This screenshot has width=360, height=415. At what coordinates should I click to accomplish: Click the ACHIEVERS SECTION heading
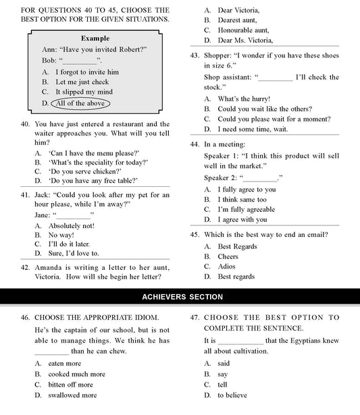pyautogui.click(x=180, y=297)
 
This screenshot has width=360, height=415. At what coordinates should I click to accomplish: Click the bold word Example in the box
pyautogui.click(x=95, y=38)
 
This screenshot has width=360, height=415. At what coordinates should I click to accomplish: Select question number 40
pyautogui.click(x=25, y=125)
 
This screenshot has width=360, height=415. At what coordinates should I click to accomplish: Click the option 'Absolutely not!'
pyautogui.click(x=71, y=225)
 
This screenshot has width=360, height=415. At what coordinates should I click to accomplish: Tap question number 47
pyautogui.click(x=195, y=317)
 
